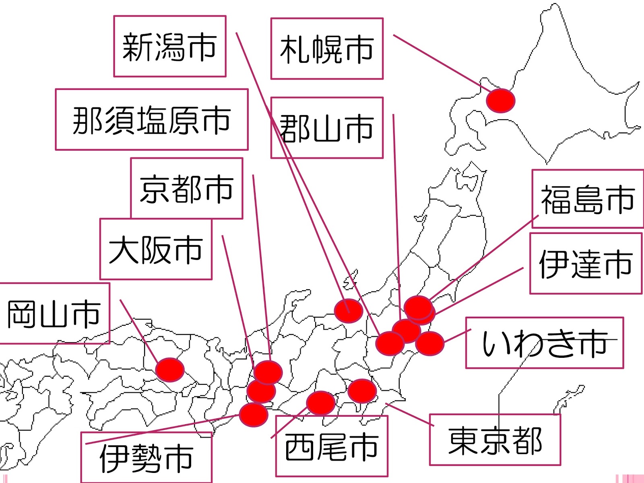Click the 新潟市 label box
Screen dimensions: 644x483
(x=169, y=46)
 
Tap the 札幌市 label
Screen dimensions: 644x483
(x=326, y=49)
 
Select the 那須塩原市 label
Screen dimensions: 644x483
(x=151, y=120)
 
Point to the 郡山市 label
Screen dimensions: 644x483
(x=326, y=128)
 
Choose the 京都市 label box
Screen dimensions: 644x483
(x=186, y=188)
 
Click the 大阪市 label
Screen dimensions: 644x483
(x=156, y=249)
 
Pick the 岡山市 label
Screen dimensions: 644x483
(x=54, y=313)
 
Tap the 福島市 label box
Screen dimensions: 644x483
(x=587, y=199)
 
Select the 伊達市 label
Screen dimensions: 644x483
(x=586, y=263)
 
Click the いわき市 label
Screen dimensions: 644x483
(x=544, y=343)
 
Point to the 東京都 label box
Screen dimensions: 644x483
(x=495, y=440)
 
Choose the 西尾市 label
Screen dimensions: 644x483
(x=331, y=446)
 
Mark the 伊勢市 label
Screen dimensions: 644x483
(x=146, y=458)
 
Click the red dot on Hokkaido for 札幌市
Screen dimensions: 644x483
(x=500, y=100)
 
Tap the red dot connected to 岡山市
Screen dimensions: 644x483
(x=170, y=369)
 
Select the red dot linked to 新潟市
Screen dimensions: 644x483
(x=349, y=311)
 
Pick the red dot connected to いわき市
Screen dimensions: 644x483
(x=430, y=343)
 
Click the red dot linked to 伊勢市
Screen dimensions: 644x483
(x=254, y=415)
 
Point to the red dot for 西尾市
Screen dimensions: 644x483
(x=321, y=403)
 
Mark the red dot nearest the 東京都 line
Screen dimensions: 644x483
(x=362, y=390)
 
